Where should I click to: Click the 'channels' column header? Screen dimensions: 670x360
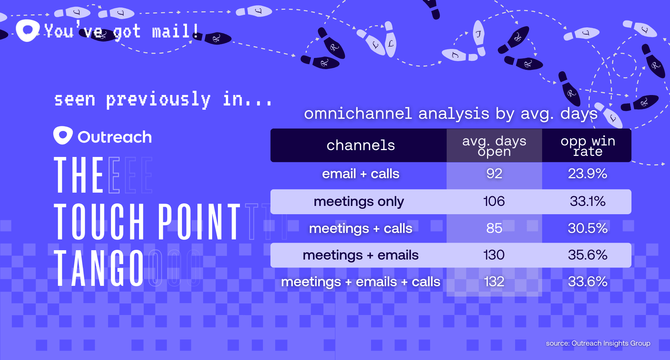361,145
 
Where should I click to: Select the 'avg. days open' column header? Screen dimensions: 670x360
494,146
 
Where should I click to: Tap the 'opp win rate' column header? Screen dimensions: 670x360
588,146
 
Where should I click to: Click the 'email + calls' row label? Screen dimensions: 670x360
361,174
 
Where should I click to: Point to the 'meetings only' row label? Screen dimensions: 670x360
359,202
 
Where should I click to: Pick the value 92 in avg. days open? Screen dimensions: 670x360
494,174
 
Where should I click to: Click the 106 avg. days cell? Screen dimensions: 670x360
494,201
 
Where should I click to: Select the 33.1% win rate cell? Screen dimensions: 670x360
588,201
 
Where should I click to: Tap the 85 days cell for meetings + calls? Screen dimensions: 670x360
494,228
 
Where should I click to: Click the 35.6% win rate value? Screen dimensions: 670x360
588,255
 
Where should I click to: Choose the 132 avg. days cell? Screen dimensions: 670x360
494,282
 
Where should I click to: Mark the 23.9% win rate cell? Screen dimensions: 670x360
588,174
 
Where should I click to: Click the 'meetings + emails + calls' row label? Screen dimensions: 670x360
361,282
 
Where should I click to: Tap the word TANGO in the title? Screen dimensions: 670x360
99,268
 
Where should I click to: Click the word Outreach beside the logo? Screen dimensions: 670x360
115,137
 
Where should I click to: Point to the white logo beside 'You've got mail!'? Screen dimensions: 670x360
27,30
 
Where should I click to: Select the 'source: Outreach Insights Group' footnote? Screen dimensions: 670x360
598,343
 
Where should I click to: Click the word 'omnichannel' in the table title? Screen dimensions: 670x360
358,114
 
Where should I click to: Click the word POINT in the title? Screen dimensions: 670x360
200,221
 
